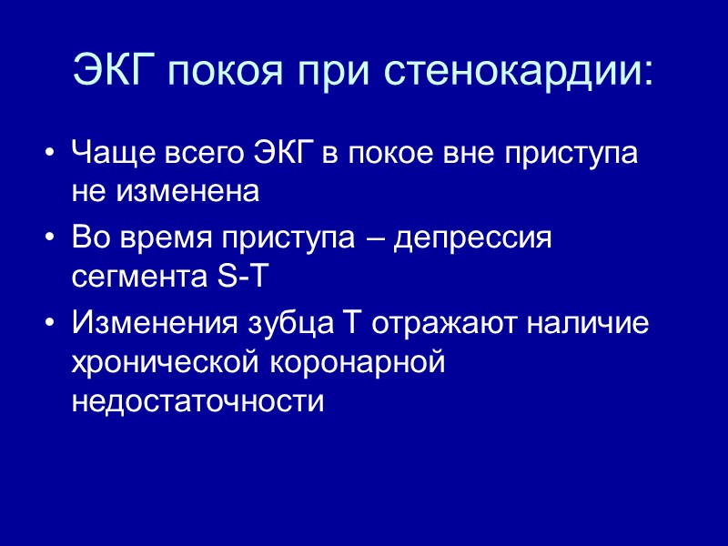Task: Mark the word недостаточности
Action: [x=197, y=401]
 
